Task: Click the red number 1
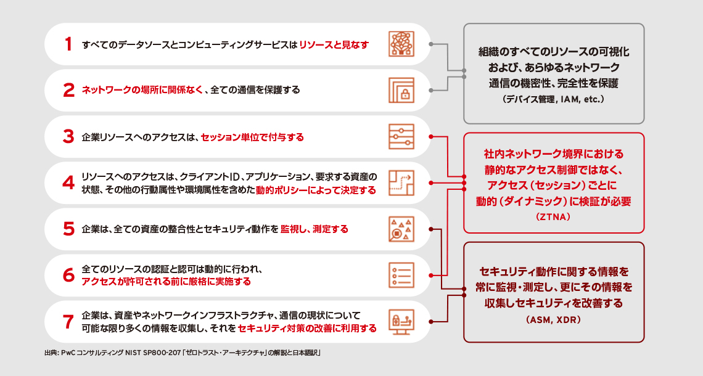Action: (68, 44)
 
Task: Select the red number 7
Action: (68, 322)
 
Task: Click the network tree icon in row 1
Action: (401, 44)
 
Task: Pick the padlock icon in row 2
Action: (401, 91)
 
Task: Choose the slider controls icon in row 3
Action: (401, 137)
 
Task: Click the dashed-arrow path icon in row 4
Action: (401, 183)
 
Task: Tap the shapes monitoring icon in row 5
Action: (401, 229)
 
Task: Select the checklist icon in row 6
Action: (401, 275)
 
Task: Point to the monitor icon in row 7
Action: (401, 321)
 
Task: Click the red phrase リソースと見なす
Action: (334, 45)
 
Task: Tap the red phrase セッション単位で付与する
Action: (252, 137)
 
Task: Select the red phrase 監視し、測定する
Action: (314, 229)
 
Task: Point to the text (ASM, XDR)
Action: (553, 320)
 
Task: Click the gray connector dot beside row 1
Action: (430, 44)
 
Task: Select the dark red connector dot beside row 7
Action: (430, 322)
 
